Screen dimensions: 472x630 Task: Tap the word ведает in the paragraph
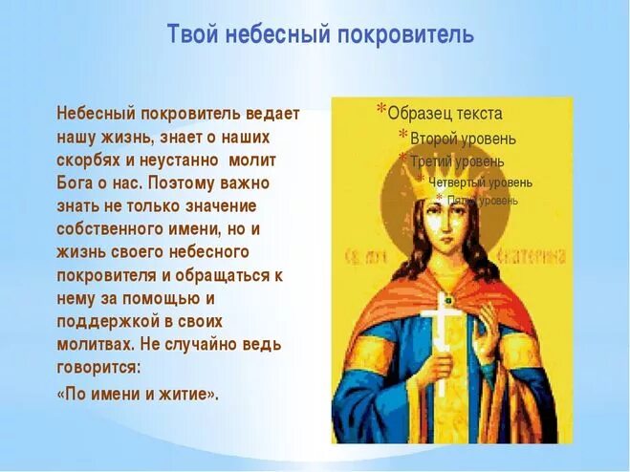coord(272,114)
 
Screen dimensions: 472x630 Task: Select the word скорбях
coord(88,160)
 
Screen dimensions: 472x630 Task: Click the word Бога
coord(76,182)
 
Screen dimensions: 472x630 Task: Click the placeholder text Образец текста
coord(445,113)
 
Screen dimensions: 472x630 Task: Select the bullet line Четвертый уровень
coord(480,182)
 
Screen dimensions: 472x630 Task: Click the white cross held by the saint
coord(442,330)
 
